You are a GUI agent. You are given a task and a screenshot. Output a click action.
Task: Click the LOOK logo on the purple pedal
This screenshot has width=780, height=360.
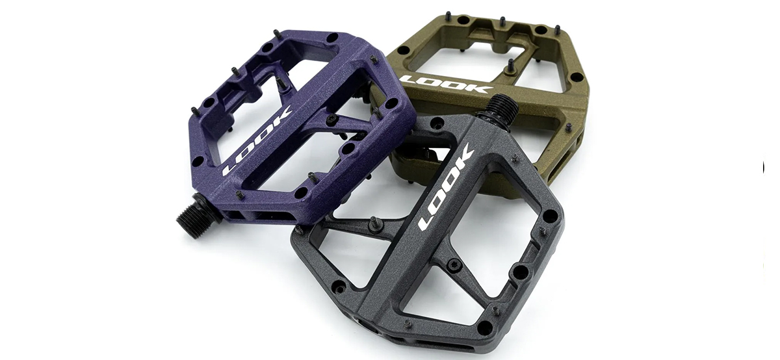coord(257,142)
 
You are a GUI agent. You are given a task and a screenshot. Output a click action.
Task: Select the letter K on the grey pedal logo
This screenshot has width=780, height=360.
coord(463,159)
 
